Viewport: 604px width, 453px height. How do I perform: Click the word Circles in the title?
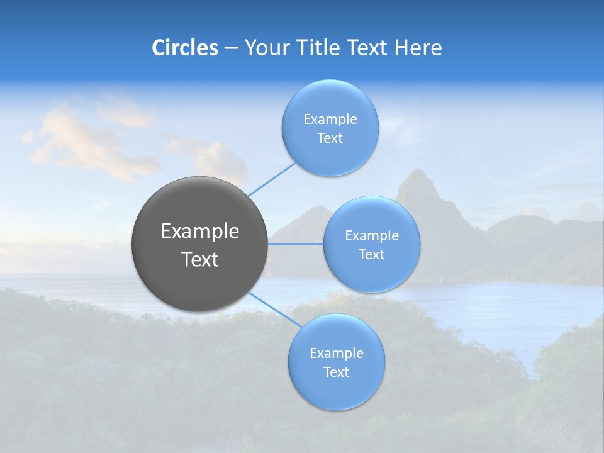pos(185,48)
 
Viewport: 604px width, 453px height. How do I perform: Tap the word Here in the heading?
pos(418,48)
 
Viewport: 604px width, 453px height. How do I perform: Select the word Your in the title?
pos(266,48)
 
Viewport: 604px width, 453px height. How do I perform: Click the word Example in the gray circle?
pos(200,232)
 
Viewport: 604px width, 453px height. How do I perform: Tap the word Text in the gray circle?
pos(200,259)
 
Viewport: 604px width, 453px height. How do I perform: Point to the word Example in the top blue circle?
pos(330,120)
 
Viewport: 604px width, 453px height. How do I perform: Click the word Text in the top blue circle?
pos(330,138)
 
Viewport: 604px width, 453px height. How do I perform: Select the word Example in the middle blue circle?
pos(372,236)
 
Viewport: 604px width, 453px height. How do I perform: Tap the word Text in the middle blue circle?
pos(372,255)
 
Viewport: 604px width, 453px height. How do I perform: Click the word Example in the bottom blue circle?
pos(337,354)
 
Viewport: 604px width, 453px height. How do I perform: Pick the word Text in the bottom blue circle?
pos(337,372)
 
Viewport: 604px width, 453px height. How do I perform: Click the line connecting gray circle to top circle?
pos(272,179)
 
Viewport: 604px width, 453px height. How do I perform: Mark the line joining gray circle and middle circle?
pos(296,244)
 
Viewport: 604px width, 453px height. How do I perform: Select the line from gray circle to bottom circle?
pos(274,308)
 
